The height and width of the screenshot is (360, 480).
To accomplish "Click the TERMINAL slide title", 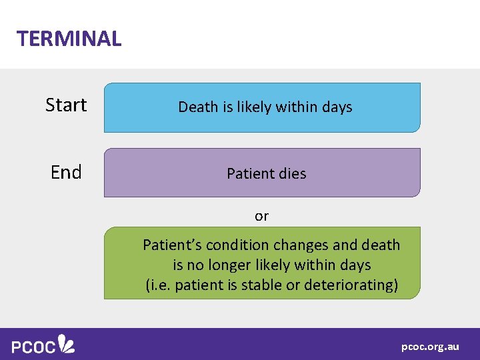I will coord(69,39).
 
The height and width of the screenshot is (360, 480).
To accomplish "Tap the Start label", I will coord(66,105).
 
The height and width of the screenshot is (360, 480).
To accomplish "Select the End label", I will coord(66,173).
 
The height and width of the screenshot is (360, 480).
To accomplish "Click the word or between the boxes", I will coord(261,216).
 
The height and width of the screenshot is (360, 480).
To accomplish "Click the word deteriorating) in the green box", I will coord(351,285).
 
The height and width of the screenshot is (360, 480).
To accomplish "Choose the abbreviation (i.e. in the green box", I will coord(158,285).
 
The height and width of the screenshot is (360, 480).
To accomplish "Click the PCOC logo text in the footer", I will coord(33,346).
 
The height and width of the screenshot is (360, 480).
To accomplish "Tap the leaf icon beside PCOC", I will coord(66,343).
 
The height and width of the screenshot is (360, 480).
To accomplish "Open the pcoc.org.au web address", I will coord(430,347).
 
